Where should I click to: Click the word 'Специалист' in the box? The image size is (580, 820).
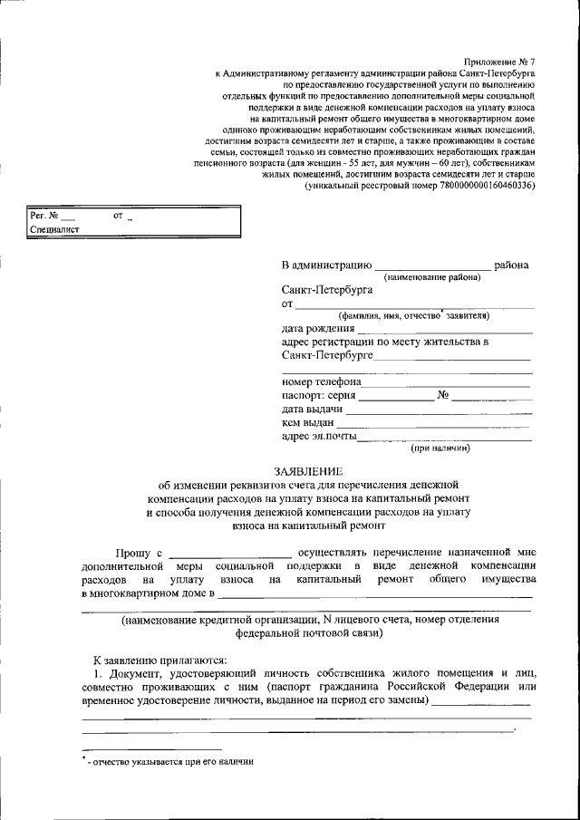pos(54,230)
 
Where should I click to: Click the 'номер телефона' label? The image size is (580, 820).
pos(322,381)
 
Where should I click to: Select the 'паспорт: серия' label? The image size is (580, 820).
pos(319,395)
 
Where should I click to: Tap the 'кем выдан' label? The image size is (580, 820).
pos(308,422)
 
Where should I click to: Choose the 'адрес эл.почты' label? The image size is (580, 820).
pos(319,436)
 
